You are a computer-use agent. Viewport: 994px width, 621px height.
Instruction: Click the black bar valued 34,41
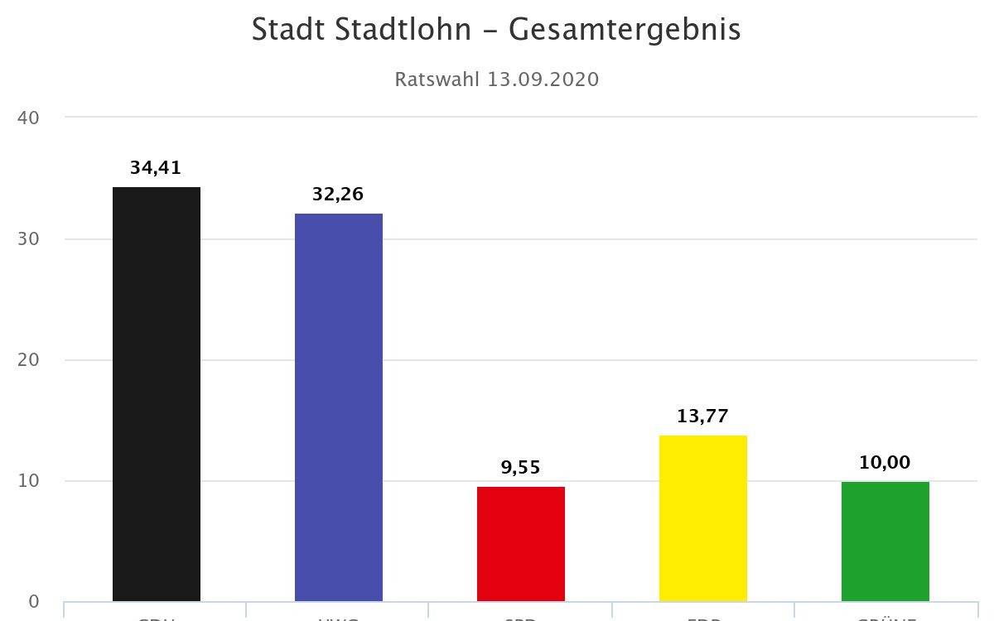tap(157, 394)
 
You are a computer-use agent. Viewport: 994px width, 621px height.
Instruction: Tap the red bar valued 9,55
tap(521, 544)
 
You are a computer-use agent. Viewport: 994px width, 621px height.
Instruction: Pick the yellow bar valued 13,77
tap(703, 518)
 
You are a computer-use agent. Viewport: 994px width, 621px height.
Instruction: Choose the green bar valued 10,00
tap(885, 542)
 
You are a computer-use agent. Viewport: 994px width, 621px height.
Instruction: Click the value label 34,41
tap(155, 168)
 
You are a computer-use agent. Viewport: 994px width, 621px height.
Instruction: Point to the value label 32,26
tap(338, 195)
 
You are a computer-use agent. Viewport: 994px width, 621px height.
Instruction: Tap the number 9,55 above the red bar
tap(520, 468)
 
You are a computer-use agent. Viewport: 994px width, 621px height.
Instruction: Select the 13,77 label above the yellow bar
tap(702, 416)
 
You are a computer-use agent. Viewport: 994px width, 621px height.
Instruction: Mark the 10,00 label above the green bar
tap(885, 463)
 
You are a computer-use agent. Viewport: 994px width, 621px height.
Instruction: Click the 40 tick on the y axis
tap(28, 118)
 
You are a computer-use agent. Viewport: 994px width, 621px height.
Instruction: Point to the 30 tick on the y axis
tap(28, 239)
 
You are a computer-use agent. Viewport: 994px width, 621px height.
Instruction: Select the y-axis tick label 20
tap(28, 360)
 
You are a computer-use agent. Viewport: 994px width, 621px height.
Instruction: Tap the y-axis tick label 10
tap(28, 481)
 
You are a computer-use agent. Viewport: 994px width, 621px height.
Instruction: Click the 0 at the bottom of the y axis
tap(33, 602)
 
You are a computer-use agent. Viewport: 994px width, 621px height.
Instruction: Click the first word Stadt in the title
tap(290, 30)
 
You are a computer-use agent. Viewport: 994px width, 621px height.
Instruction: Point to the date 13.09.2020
tap(543, 79)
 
